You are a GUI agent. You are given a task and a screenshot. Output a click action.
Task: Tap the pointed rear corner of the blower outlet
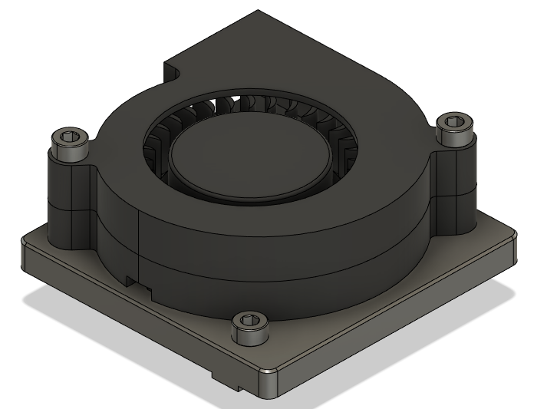tap(260, 12)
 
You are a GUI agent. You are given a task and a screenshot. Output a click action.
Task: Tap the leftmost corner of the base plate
tap(23, 246)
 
